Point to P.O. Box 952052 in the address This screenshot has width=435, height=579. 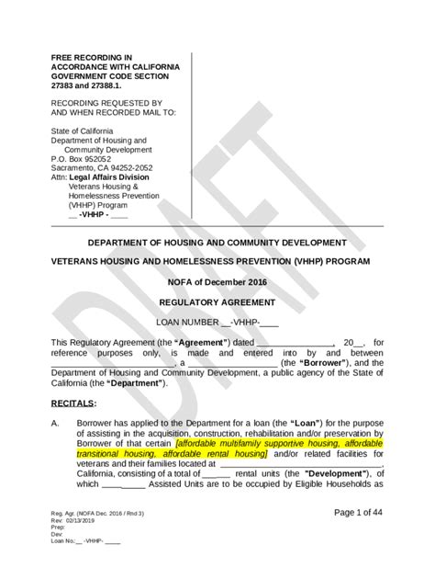coord(86,157)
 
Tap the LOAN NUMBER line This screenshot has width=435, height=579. coord(217,323)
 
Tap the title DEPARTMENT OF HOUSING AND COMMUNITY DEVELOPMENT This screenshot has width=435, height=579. coord(217,243)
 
